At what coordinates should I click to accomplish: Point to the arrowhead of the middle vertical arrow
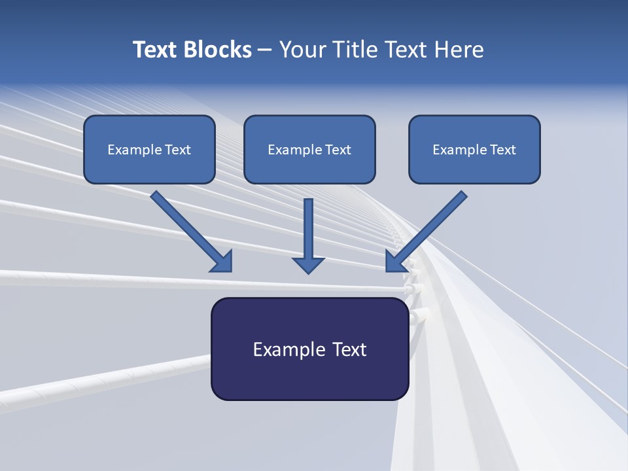(x=308, y=265)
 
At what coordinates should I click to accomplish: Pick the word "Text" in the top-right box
(x=503, y=150)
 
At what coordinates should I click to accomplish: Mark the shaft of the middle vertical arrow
(x=308, y=226)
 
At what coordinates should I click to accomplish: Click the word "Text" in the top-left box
(x=178, y=150)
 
